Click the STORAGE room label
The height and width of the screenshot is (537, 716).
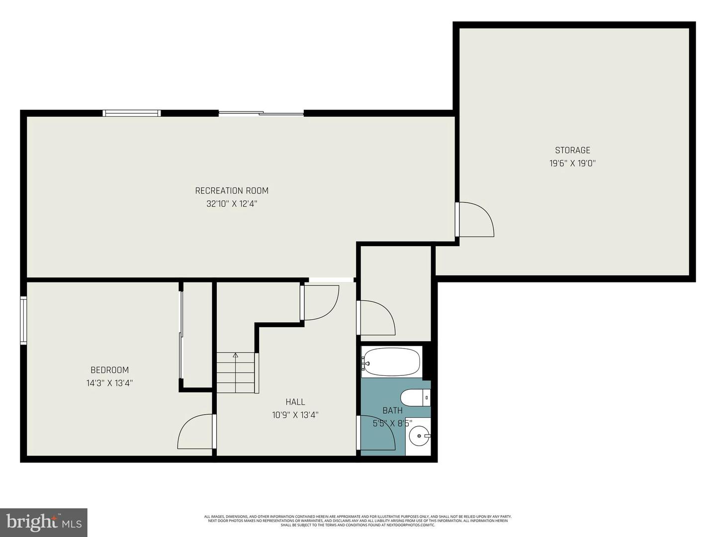point(572,150)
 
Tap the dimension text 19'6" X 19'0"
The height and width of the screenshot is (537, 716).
point(572,163)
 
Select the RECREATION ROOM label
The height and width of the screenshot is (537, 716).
point(232,190)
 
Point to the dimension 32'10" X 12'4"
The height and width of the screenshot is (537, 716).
point(232,204)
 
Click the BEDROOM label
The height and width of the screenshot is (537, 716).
point(109,370)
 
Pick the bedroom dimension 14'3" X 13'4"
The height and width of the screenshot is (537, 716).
point(109,383)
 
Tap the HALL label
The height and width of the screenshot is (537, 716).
point(295,402)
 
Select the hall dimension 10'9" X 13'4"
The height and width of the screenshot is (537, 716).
point(295,415)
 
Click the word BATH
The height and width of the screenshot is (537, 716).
point(392,411)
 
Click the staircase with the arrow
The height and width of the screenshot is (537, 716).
point(236,373)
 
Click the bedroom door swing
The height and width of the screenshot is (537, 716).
point(195,432)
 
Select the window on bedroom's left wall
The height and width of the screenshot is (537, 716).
point(23,320)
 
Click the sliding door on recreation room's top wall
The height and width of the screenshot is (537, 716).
point(261,114)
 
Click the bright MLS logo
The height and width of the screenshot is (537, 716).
point(44,522)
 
